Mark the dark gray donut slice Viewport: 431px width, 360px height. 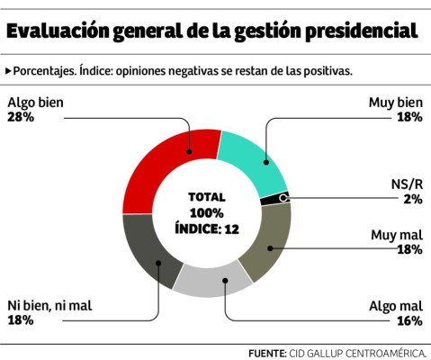[148, 257]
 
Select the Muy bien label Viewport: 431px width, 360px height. [395, 102]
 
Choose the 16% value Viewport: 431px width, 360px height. [409, 319]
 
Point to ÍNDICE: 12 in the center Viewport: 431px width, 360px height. [206, 229]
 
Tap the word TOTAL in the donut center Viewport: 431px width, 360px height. [207, 197]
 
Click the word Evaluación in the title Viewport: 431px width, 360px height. [58, 30]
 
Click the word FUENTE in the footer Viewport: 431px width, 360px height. [266, 353]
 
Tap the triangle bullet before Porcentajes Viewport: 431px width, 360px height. [8, 69]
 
